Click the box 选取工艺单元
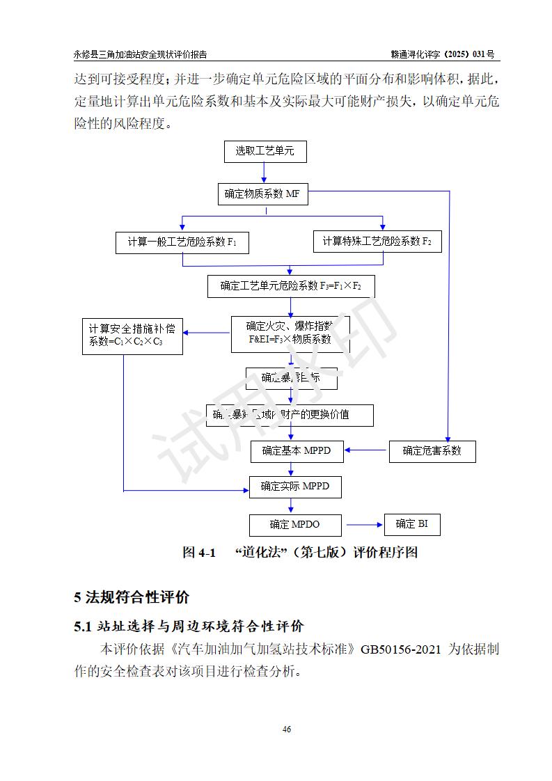coord(265,151)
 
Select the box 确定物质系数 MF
coord(262,195)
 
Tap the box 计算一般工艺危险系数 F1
coord(182,242)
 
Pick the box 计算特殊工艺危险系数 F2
coord(377,242)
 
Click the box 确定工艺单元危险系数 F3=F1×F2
coord(290,286)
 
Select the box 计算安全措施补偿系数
coord(132,335)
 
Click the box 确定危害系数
coord(432,451)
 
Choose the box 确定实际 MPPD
coord(295,487)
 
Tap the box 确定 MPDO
coord(295,524)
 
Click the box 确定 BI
coord(411,524)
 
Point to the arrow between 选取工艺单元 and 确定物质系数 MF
coord(264,173)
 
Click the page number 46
coord(286,729)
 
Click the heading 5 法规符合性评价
coord(132,597)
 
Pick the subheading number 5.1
coord(83,626)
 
